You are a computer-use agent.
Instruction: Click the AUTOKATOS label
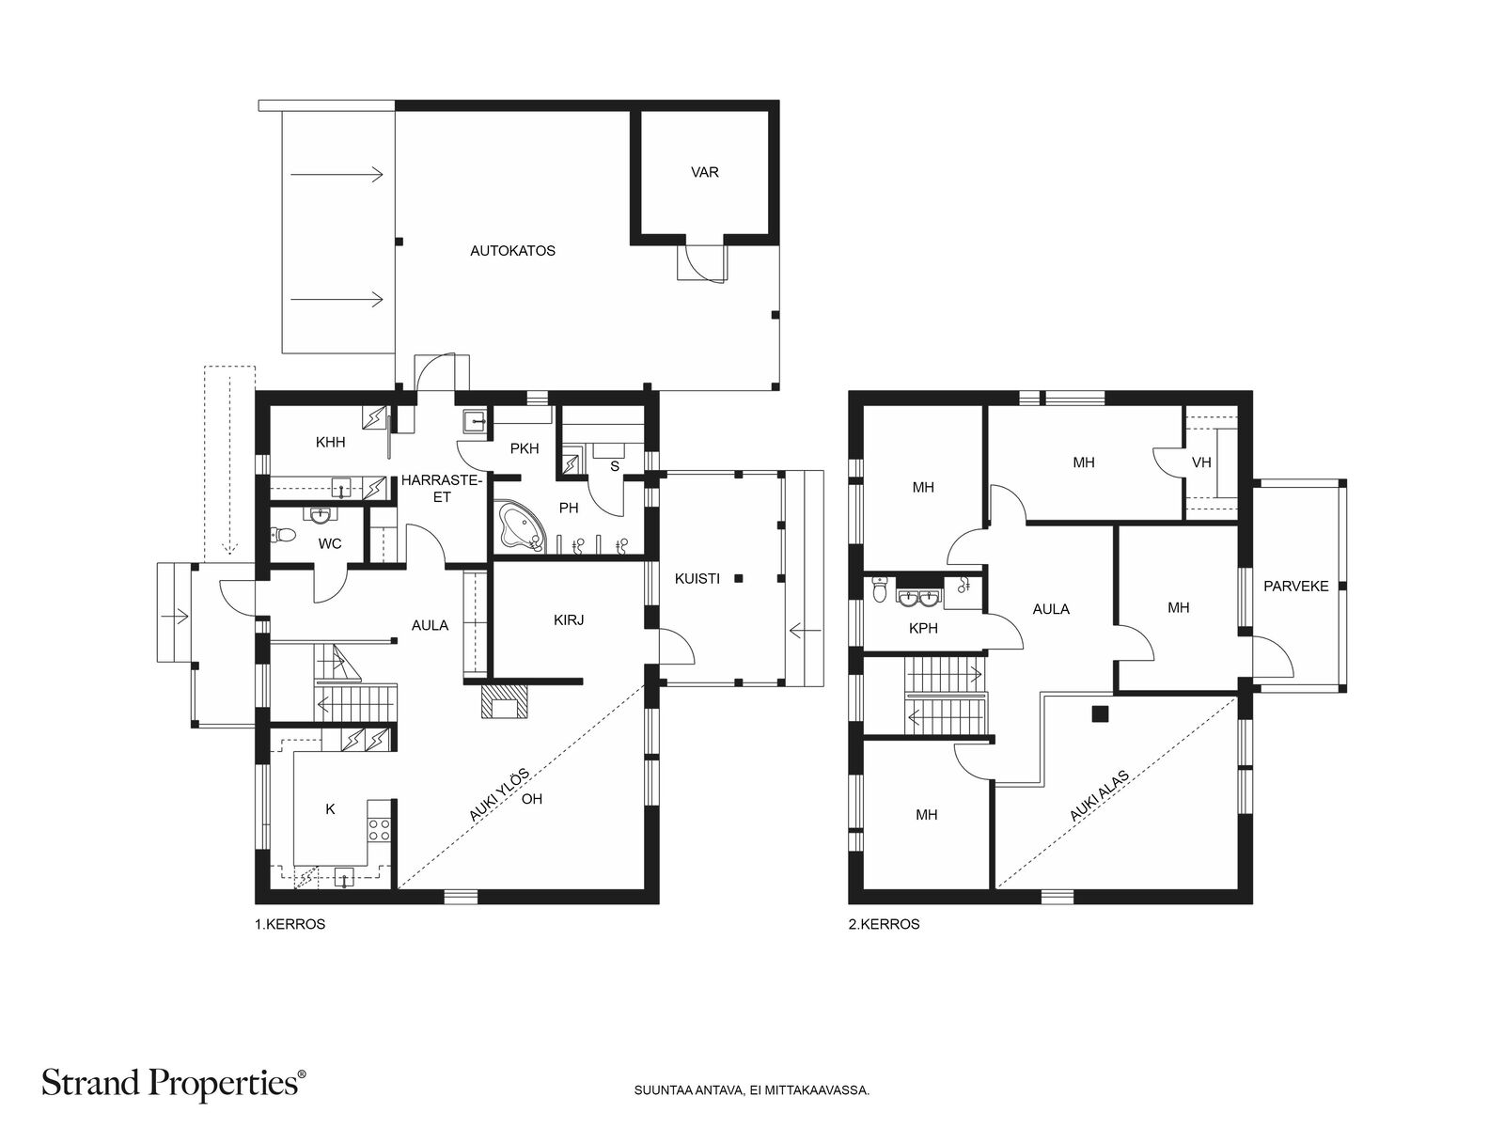512,251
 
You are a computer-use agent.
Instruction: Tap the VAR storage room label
704,172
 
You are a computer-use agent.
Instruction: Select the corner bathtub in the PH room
521,526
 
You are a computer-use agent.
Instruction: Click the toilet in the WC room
282,535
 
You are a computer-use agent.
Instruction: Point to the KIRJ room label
569,619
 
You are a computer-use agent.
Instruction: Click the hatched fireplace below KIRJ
504,700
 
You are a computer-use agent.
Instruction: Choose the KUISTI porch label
697,579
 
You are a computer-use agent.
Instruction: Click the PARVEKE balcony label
1295,587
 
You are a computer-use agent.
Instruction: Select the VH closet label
1201,463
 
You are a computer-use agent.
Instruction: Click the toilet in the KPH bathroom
881,588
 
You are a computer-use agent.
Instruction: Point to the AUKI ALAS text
1098,795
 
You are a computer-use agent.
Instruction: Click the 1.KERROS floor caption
290,924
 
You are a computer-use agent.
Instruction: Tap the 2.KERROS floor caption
884,924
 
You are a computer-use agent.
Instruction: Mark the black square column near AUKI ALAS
1099,713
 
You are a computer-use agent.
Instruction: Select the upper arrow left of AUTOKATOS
337,175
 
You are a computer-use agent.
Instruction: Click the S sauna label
615,466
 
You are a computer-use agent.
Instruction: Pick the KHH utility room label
330,443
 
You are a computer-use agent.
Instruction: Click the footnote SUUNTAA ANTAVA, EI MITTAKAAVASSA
752,1089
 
